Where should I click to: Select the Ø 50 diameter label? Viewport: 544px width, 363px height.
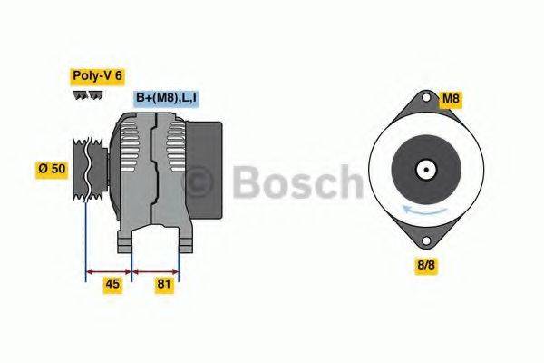pyautogui.click(x=53, y=169)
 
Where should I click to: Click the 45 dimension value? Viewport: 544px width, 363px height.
pyautogui.click(x=112, y=285)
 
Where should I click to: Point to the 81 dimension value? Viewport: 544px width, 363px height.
pyautogui.click(x=164, y=285)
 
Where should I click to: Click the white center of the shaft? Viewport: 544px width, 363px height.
pyautogui.click(x=423, y=169)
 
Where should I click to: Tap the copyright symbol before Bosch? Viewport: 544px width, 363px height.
pyautogui.click(x=199, y=184)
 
